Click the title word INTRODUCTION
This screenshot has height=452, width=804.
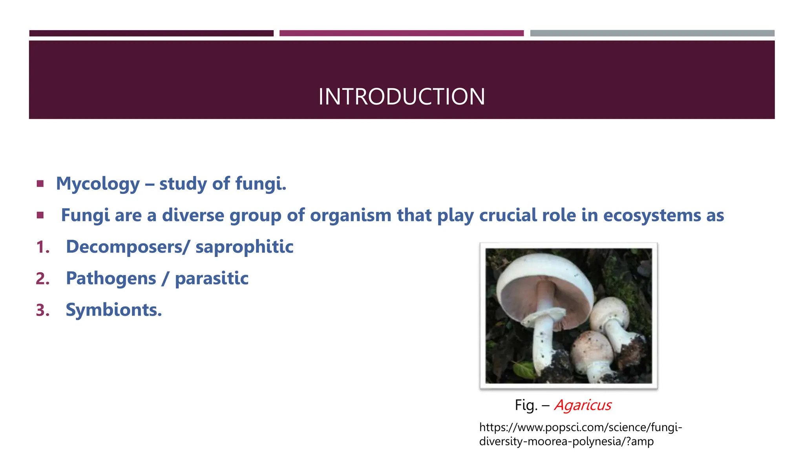[402, 97]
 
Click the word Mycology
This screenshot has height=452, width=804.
[98, 184]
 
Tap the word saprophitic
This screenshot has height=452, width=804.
[244, 247]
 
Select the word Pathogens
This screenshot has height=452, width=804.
[111, 279]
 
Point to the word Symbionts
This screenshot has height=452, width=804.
[113, 310]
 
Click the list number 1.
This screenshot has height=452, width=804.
[42, 248]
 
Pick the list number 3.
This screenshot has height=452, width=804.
[42, 310]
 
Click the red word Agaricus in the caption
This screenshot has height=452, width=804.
[583, 405]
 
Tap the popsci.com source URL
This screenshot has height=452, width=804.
[580, 434]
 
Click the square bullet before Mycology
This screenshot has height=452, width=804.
[40, 184]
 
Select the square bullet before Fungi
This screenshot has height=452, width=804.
[40, 215]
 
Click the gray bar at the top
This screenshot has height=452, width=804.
[652, 33]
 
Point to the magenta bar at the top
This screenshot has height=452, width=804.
[401, 33]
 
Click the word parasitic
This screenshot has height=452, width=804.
[212, 279]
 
